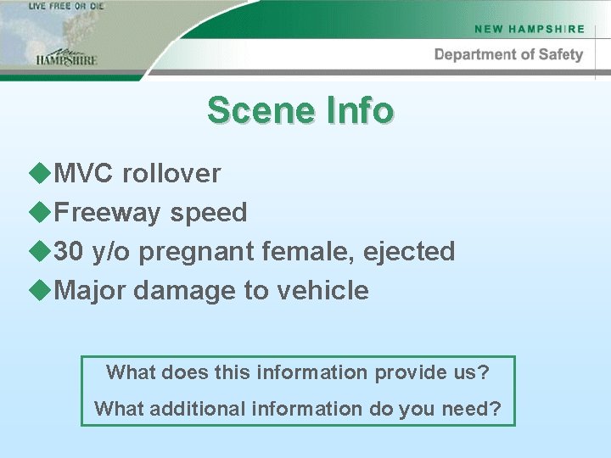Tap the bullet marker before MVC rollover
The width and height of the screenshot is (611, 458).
(x=39, y=172)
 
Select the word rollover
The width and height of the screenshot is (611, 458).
(x=171, y=173)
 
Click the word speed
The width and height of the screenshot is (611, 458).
(x=209, y=212)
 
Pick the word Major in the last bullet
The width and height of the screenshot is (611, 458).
(x=90, y=290)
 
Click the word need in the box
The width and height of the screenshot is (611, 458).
(x=469, y=408)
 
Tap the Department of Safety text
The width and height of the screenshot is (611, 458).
(x=508, y=54)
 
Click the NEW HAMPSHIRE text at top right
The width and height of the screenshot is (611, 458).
(x=530, y=29)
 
